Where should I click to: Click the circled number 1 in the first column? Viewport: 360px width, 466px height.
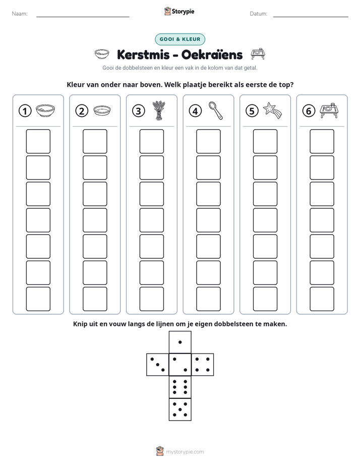pyautogui.click(x=25, y=111)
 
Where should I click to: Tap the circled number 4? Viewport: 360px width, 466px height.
pyautogui.click(x=195, y=111)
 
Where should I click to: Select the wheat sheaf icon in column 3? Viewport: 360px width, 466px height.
pyautogui.click(x=159, y=110)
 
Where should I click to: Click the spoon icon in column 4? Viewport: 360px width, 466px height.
pyautogui.click(x=216, y=110)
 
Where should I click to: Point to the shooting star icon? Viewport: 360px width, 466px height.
pyautogui.click(x=272, y=110)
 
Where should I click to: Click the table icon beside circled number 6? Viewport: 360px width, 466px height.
pyautogui.click(x=329, y=110)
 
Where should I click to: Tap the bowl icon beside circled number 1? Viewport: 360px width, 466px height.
pyautogui.click(x=45, y=110)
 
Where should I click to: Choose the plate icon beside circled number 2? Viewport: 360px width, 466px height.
pyautogui.click(x=102, y=110)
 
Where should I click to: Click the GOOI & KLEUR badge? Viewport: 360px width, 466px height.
pyautogui.click(x=180, y=39)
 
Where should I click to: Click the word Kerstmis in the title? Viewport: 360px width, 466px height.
pyautogui.click(x=143, y=54)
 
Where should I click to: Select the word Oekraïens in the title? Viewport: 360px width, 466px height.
pyautogui.click(x=212, y=54)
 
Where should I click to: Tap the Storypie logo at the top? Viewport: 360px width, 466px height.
pyautogui.click(x=179, y=12)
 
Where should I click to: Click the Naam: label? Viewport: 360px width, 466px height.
pyautogui.click(x=20, y=14)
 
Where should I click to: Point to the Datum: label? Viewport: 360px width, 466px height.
pyautogui.click(x=259, y=14)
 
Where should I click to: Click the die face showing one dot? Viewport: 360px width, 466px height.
pyautogui.click(x=180, y=342)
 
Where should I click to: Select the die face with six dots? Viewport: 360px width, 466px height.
pyautogui.click(x=180, y=387)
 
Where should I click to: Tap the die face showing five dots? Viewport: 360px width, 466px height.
pyautogui.click(x=180, y=410)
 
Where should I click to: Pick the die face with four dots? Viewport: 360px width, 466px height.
pyautogui.click(x=203, y=365)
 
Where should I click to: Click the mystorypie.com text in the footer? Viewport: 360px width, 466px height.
pyautogui.click(x=185, y=452)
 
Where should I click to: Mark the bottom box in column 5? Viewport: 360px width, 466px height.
pyautogui.click(x=265, y=299)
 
